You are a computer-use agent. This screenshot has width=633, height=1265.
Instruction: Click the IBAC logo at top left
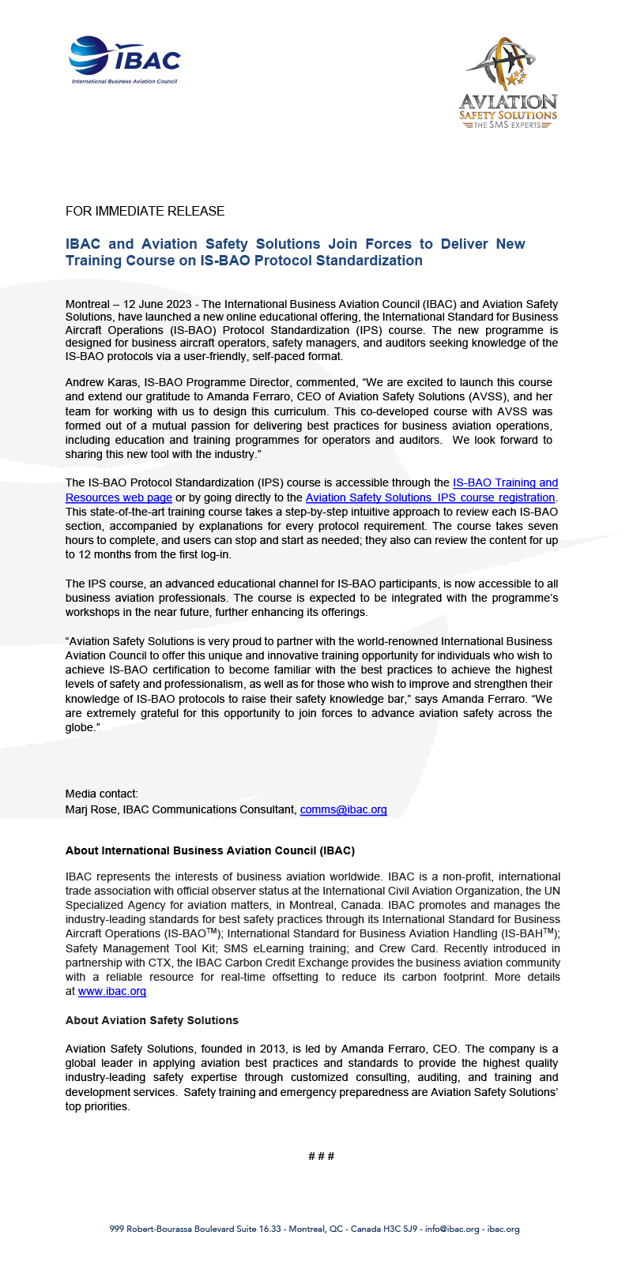[x=125, y=59]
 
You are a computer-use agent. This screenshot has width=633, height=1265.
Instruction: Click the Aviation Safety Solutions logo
[x=508, y=83]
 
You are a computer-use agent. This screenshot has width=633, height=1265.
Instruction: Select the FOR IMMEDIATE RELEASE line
[x=145, y=211]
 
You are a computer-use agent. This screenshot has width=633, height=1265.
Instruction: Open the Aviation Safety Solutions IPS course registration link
[x=430, y=497]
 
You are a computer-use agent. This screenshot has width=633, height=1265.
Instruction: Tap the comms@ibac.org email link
[x=343, y=809]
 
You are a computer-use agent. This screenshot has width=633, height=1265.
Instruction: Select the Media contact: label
[x=101, y=794]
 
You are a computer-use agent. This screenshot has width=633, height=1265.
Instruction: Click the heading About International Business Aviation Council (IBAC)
[x=209, y=850]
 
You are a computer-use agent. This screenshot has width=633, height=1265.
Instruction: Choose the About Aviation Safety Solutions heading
[x=152, y=1020]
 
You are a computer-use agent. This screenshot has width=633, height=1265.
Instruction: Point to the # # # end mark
[x=321, y=1156]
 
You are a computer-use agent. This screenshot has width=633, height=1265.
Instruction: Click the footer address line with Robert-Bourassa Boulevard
[x=314, y=1229]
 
